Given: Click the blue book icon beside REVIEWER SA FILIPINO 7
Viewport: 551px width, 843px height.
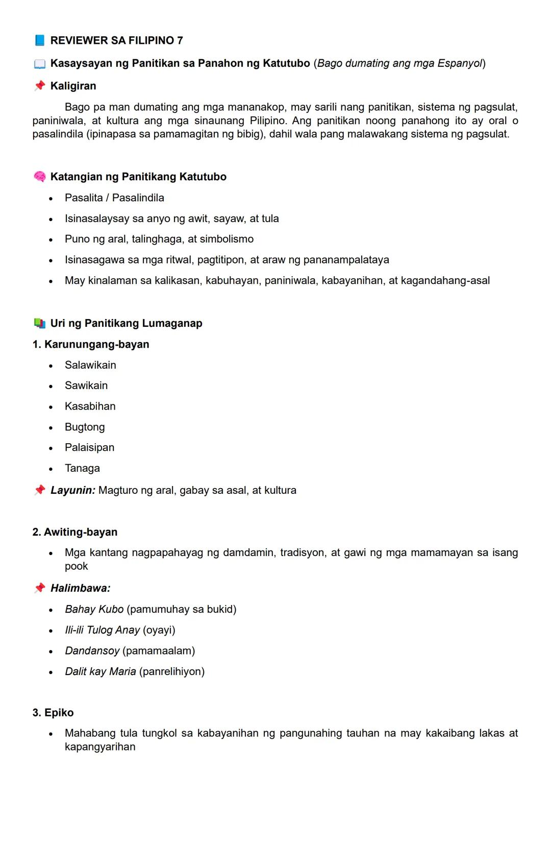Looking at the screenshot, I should click(x=39, y=40).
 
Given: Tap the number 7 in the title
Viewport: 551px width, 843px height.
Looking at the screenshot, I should click(x=180, y=40).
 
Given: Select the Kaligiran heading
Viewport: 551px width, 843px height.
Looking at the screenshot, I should click(x=73, y=86).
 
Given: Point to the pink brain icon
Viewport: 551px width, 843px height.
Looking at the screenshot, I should click(x=39, y=177).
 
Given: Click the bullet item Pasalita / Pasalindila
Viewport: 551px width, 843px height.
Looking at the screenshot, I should click(x=114, y=198).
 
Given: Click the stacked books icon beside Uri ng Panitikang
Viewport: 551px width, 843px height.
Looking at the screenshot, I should click(x=39, y=323).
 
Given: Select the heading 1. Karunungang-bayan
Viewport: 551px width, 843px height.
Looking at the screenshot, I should click(x=91, y=344).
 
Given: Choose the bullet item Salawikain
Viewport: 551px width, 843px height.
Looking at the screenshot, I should click(x=90, y=365).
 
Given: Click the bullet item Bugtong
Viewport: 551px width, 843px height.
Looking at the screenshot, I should click(x=85, y=427).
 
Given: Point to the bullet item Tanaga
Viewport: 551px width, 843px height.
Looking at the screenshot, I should click(x=82, y=468).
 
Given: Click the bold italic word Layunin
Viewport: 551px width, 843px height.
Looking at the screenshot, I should click(x=72, y=490).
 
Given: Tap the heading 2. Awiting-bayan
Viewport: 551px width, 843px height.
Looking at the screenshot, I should click(x=75, y=532).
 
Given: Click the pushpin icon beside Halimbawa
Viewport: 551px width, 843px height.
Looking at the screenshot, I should click(x=39, y=588).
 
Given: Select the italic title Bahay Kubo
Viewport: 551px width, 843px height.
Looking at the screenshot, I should click(x=94, y=609).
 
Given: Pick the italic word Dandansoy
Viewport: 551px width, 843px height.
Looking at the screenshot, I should click(x=92, y=651).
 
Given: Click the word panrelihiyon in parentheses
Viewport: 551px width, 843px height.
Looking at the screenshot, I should click(x=171, y=671).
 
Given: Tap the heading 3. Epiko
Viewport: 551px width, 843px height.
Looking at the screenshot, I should click(x=53, y=712).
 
